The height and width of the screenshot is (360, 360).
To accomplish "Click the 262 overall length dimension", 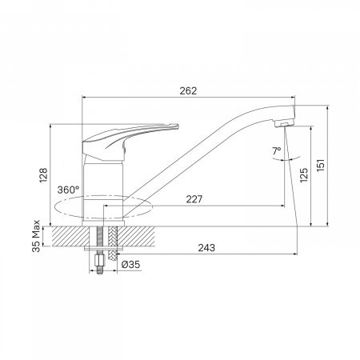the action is pos(188,91).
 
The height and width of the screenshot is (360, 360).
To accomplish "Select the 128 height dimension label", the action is pos(43,175).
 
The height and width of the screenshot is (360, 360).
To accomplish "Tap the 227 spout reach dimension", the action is pos(194,199).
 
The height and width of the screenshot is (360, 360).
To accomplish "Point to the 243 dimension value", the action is pos(206,248).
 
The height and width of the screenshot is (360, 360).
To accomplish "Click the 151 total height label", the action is pos(320,166).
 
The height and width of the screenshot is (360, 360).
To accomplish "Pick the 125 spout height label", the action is pos(304,175).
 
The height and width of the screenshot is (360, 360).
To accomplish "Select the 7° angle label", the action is pos(277,150).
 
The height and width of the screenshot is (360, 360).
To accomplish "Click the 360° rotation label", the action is pos(68,190).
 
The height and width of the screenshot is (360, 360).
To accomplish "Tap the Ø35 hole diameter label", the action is pos(130,265).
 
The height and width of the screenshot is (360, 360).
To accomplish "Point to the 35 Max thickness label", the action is pos(36,236).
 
